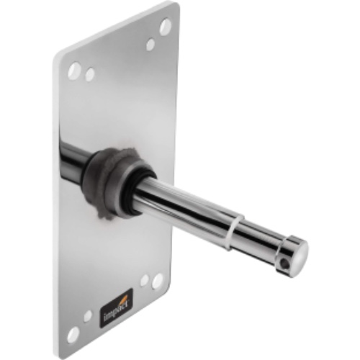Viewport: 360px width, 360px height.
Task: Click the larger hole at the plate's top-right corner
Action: (x=166, y=27)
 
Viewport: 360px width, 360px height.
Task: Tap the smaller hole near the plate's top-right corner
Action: (x=150, y=45)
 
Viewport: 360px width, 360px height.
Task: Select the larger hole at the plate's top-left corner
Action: (x=74, y=70)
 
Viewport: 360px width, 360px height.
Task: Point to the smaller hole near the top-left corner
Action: (x=90, y=74)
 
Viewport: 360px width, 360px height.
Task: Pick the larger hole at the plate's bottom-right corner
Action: (x=157, y=281)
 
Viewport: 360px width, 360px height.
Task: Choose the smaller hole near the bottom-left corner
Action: (x=87, y=315)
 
